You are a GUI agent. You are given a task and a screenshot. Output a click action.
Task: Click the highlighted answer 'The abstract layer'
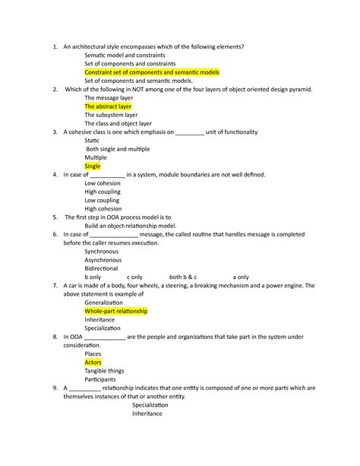tap(108, 106)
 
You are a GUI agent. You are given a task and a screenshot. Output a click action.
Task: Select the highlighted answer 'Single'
tap(93, 166)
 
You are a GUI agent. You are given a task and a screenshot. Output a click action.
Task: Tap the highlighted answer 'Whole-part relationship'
tap(116, 311)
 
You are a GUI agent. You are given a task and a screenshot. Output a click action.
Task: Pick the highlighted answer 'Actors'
tap(93, 362)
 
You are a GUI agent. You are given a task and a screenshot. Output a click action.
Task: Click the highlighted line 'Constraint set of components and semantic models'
tap(152, 72)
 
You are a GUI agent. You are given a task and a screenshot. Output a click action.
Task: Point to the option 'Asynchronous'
tap(103, 259)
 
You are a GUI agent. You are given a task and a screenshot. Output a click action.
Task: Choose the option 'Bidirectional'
tap(101, 268)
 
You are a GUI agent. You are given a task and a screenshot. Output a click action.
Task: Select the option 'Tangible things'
tap(105, 370)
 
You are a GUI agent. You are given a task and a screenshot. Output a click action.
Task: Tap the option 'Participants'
tap(100, 379)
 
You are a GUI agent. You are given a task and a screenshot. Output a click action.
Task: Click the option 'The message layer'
tap(109, 98)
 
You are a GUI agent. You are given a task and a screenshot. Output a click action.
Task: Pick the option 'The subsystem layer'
tap(112, 115)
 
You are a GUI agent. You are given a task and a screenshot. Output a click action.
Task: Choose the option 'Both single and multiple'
tap(118, 149)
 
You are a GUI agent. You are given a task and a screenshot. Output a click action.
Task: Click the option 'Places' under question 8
tap(93, 353)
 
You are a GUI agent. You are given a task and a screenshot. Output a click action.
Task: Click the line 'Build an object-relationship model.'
tap(130, 226)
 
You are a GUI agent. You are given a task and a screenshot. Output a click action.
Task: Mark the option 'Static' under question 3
tap(92, 141)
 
